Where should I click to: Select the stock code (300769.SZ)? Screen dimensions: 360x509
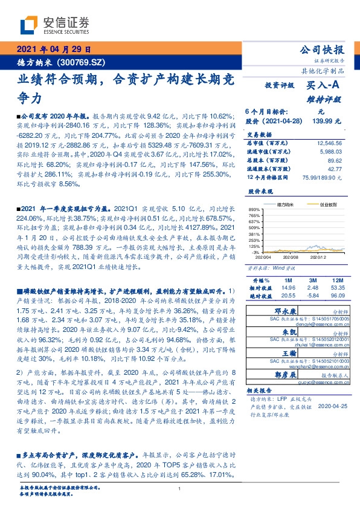pyautogui.click(x=82, y=62)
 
